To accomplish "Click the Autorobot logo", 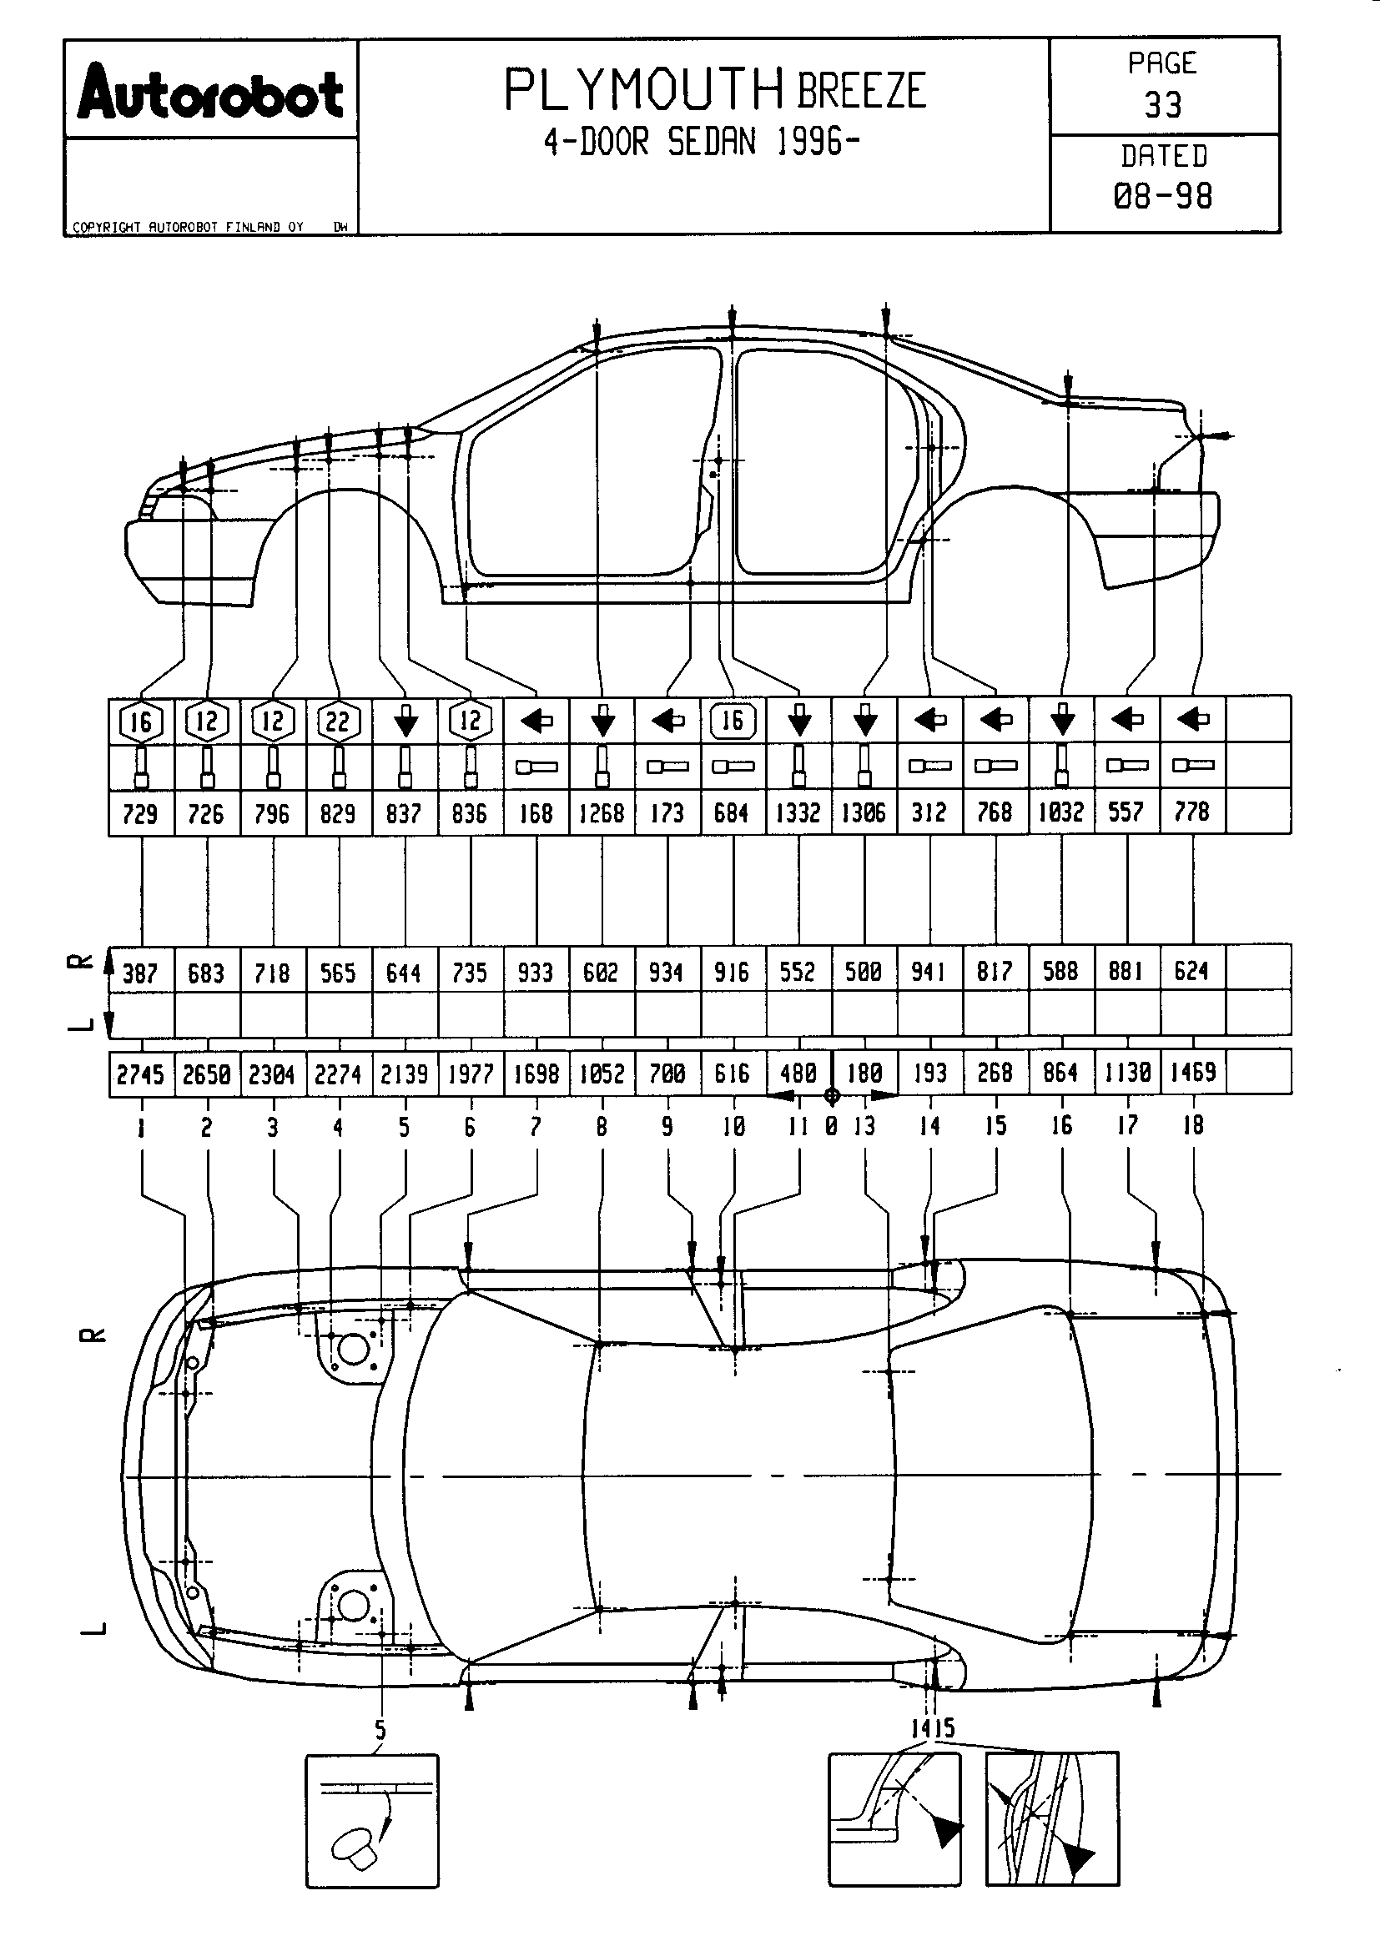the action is click(x=210, y=93).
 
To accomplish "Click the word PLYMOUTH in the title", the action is click(x=644, y=90).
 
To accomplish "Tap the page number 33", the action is click(x=1162, y=105).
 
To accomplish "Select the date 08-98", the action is click(x=1162, y=196).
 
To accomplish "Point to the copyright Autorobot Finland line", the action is click(x=188, y=227).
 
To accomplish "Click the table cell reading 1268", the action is click(x=602, y=813).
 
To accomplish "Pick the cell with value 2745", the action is click(x=140, y=1074).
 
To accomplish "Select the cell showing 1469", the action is click(x=1193, y=1073).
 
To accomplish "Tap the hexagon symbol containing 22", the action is click(x=338, y=722).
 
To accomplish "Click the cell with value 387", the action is click(x=140, y=972).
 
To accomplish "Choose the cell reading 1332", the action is click(x=798, y=813).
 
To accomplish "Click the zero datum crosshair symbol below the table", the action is click(x=832, y=1096).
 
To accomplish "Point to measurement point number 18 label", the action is click(x=1193, y=1126).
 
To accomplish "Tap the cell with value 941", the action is click(x=929, y=970).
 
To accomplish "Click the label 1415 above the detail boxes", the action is click(x=932, y=1727).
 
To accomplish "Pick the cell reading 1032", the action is click(x=1060, y=812).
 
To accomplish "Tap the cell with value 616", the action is click(x=732, y=1074).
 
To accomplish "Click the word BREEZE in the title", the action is click(x=861, y=91).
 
